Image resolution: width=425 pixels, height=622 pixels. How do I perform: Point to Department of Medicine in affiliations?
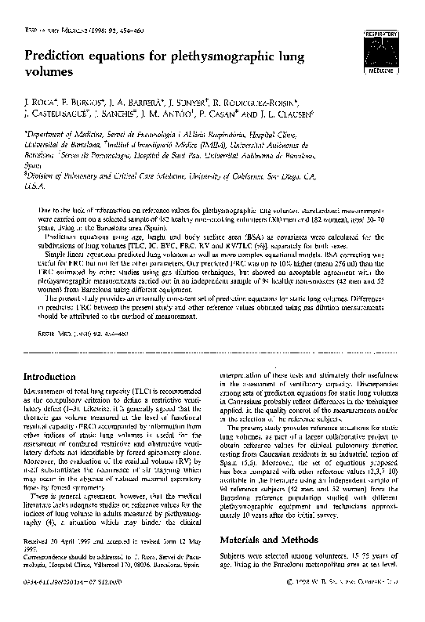tap(64, 134)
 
